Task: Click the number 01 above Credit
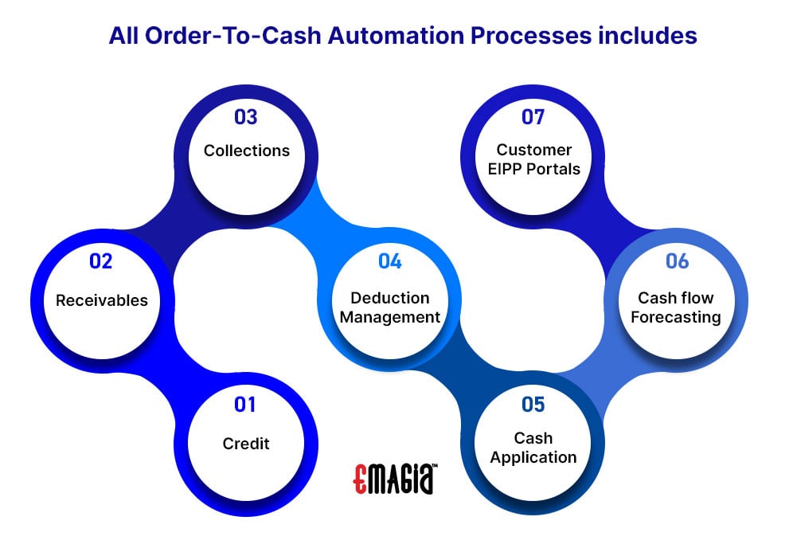(245, 405)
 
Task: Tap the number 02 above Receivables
(100, 261)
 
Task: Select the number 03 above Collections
(246, 117)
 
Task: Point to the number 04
(390, 261)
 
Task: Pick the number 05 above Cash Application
(533, 405)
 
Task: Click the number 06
(678, 261)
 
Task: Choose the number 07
(533, 117)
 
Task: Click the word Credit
(246, 444)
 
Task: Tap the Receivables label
(102, 300)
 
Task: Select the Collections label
(247, 151)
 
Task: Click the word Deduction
(390, 298)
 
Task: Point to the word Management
(390, 317)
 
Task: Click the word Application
(533, 457)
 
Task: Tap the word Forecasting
(676, 317)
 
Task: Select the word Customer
(534, 150)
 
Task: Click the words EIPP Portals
(534, 169)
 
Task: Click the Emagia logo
(395, 478)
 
